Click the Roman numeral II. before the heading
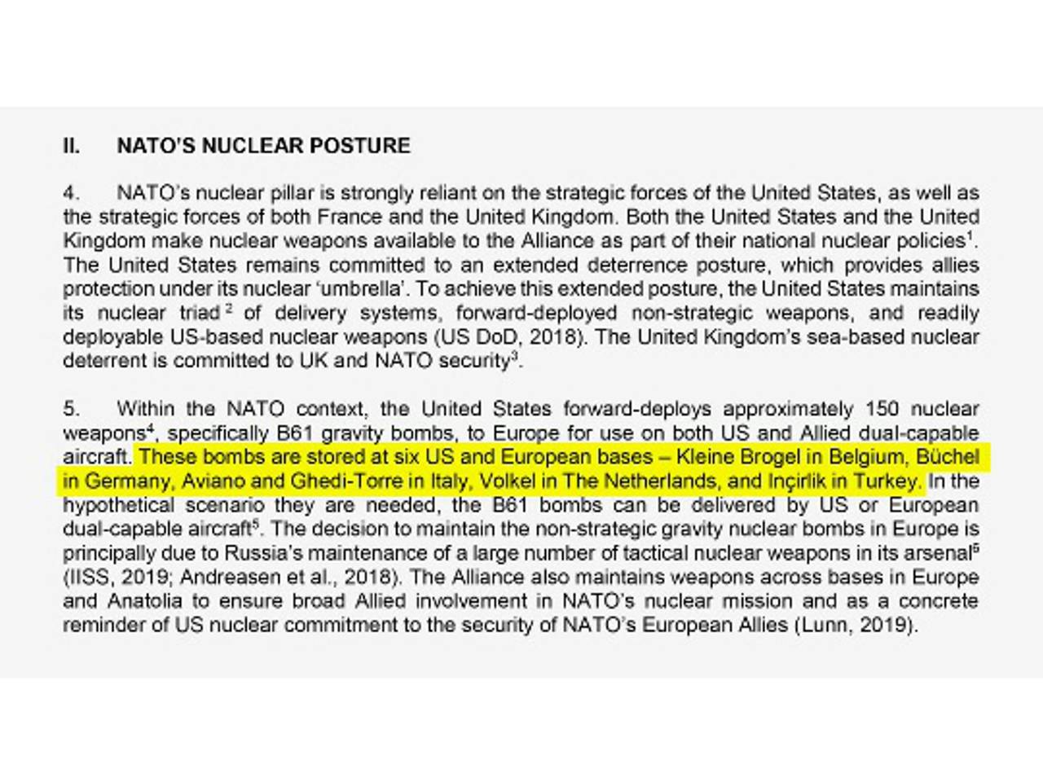[72, 146]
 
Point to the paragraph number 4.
[72, 193]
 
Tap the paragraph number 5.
[72, 409]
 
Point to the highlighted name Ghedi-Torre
[346, 481]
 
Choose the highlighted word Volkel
[507, 481]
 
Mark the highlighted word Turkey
[887, 481]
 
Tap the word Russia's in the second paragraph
[266, 553]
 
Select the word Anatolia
[137, 601]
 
